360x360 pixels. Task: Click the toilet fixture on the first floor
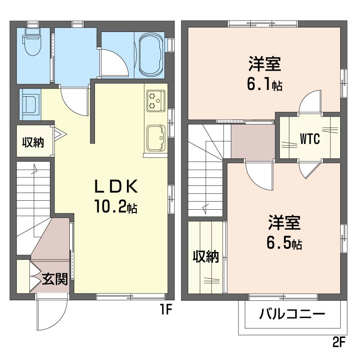point(32,42)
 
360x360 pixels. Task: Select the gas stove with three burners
point(156,101)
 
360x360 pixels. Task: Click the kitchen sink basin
point(156,138)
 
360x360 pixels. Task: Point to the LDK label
point(117,186)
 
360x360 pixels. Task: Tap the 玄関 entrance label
point(55,279)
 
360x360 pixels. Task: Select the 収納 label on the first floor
point(33,142)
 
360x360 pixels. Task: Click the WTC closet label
point(310,139)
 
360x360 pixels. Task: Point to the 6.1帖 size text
point(265,84)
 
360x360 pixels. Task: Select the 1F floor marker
point(166,310)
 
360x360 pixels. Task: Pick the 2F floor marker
point(339,343)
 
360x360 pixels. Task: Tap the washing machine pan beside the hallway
point(30,105)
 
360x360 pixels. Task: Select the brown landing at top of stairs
point(253,141)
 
